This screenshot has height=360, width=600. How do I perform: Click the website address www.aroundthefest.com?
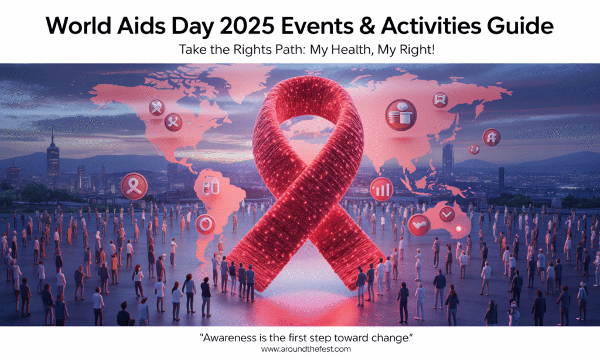coord(306,349)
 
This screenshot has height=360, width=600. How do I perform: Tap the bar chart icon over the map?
coord(381,189)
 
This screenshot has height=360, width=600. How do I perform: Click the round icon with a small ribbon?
coord(134,186)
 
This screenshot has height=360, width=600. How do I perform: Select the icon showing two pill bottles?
coord(210,188)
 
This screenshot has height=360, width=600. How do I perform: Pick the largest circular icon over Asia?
coord(401,115)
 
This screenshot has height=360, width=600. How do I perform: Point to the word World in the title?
coord(79,26)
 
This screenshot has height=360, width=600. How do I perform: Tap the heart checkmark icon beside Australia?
coord(419,225)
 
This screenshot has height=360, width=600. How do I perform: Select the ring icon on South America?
coord(206,225)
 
